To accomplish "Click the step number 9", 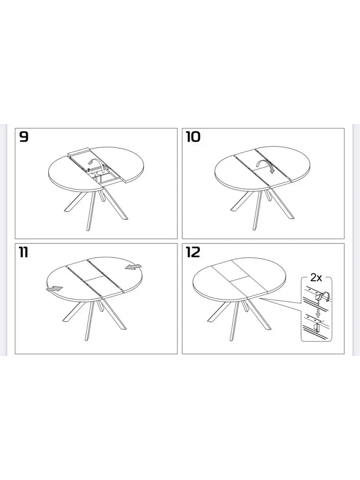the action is (24, 137).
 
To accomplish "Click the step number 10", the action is (193, 137).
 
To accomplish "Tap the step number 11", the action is (24, 252).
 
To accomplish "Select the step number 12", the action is (193, 252).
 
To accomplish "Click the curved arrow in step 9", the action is (100, 162).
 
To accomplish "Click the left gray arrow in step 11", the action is (54, 289).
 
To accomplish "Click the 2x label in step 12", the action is (316, 278).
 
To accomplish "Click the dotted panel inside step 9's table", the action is (97, 174).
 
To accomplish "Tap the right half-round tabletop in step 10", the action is (282, 164).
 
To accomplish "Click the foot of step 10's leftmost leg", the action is (234, 210).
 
